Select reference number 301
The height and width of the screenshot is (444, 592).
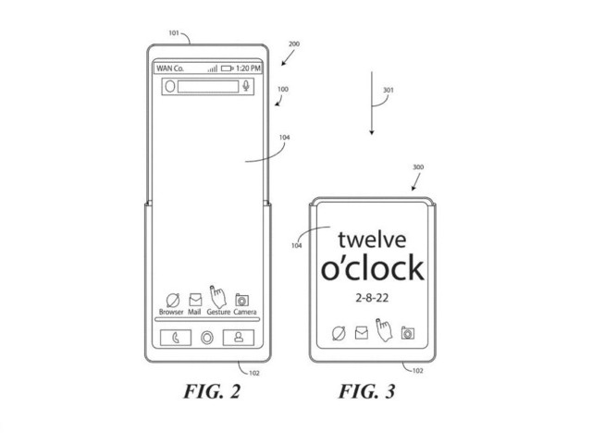coord(388,91)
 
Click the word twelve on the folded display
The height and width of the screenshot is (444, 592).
coord(373,239)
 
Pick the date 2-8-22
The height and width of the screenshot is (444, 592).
coord(372,300)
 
